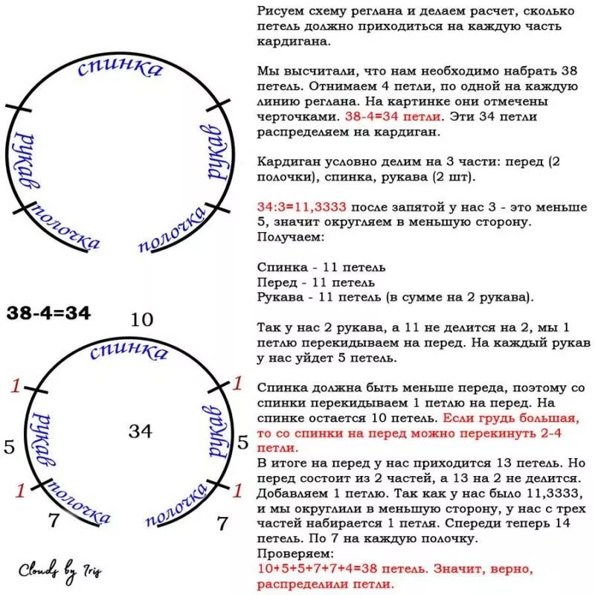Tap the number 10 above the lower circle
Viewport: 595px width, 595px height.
141,320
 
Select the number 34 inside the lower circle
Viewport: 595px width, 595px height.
141,430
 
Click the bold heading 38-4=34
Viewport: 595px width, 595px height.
49,313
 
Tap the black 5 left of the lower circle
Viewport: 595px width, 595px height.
10,446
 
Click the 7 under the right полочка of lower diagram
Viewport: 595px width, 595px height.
222,523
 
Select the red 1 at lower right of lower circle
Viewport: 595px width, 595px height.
238,490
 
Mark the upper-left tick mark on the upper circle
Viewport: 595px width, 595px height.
19,109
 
